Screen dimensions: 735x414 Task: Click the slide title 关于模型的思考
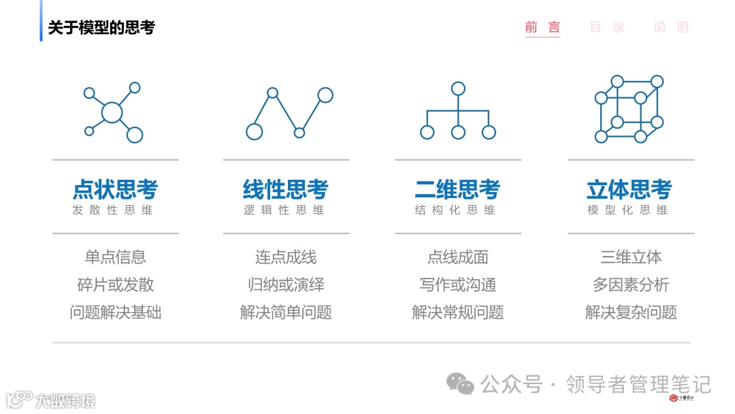[x=101, y=27]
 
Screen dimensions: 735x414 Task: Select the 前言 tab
[x=542, y=27]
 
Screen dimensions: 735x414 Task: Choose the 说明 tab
[x=671, y=27]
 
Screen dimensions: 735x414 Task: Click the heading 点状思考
[x=115, y=189]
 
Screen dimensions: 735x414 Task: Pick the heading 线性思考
[x=286, y=189]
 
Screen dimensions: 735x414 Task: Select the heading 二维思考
[x=457, y=189]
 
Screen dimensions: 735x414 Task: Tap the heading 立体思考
[x=629, y=189]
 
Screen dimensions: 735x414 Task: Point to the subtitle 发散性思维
[x=113, y=210]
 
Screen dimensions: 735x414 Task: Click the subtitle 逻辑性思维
[x=284, y=210]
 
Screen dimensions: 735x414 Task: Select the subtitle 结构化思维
[x=456, y=210]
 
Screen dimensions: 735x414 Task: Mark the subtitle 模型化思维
[x=628, y=210]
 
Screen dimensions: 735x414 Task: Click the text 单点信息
[x=115, y=257]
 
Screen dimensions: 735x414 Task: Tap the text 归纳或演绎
[x=286, y=285]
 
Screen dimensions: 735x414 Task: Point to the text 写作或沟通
[x=457, y=285]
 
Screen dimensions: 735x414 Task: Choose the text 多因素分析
[x=630, y=285]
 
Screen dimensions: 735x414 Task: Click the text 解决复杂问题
[x=630, y=313]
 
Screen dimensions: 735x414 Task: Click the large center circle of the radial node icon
[x=112, y=112]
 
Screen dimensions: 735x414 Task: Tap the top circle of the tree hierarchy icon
[x=458, y=89]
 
